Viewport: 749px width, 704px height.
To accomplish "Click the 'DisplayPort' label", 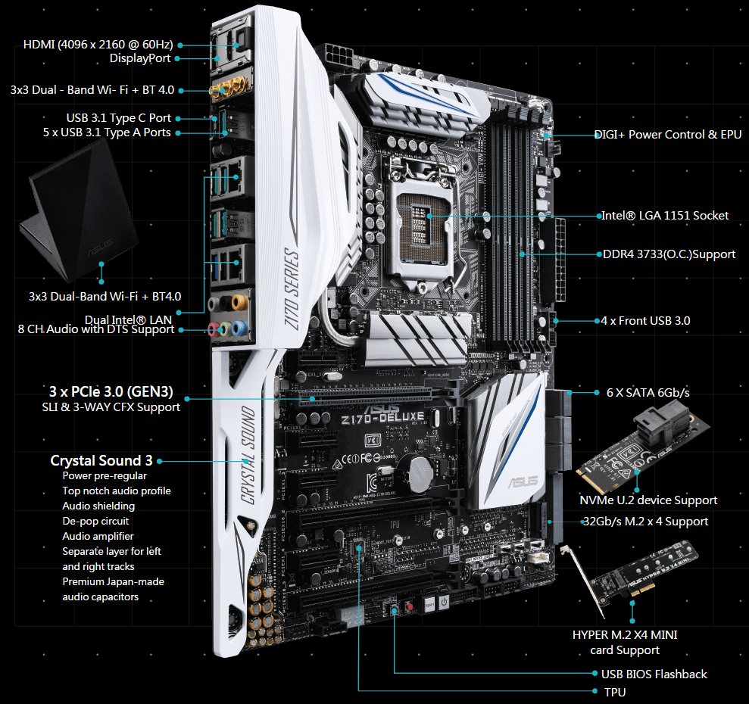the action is (x=140, y=58).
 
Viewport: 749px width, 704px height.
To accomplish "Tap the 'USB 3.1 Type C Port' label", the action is (x=118, y=118).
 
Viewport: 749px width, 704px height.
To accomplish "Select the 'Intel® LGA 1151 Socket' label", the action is (x=665, y=216).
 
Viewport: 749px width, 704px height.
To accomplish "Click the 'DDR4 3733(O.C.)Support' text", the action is (x=669, y=254).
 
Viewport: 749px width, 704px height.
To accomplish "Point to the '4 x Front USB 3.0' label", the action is (x=645, y=321).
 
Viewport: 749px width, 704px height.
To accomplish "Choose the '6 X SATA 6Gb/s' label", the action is (x=648, y=393).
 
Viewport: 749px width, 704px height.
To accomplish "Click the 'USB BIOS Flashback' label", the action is (x=654, y=674).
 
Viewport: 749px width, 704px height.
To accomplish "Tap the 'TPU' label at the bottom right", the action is (x=615, y=692).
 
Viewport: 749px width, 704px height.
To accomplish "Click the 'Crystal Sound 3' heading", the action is (x=101, y=460).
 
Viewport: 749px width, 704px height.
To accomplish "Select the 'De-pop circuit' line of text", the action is (x=95, y=521).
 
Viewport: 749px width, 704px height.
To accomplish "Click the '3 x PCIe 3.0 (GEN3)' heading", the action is (x=111, y=391).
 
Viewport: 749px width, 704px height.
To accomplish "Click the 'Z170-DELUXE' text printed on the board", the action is (x=382, y=419).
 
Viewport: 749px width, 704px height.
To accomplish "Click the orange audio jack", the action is (x=239, y=302).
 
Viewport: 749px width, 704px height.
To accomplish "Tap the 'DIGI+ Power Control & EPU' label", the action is (x=668, y=135).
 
